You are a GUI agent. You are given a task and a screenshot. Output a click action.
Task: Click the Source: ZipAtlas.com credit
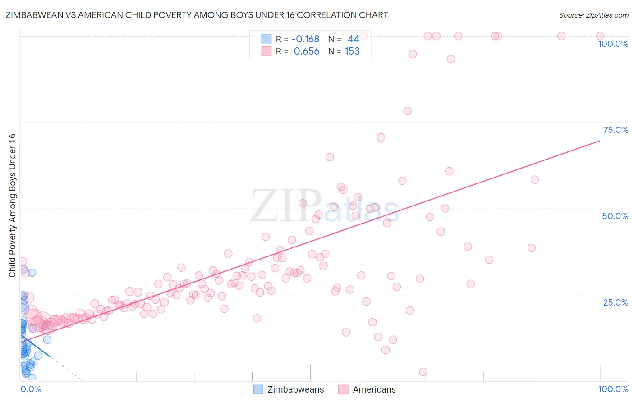coord(593,15)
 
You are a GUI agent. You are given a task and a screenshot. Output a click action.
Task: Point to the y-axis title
coord(12,206)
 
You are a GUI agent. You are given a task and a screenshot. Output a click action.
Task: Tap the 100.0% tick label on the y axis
coord(613,44)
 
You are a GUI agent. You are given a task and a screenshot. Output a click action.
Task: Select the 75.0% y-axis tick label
coord(616,130)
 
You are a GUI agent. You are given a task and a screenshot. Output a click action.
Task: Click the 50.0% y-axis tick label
coord(615,216)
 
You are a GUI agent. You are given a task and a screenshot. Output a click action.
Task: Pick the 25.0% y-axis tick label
coord(616,302)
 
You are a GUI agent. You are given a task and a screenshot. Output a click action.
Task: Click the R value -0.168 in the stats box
coord(306,39)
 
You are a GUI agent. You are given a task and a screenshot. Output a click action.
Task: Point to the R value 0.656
coord(307,51)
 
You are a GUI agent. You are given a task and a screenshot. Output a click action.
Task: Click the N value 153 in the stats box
coord(352,51)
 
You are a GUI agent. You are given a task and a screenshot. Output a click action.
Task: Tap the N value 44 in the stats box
coord(353,39)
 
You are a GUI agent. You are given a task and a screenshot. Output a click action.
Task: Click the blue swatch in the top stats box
coord(266,39)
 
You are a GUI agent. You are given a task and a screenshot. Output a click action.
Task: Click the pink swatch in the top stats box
coord(266,51)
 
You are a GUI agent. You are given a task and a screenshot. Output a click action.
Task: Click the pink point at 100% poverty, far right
coord(600,36)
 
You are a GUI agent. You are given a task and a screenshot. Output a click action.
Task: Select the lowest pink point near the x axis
coord(423,372)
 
